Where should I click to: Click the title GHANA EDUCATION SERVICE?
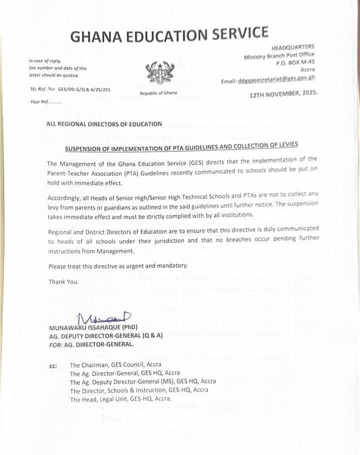click(x=169, y=35)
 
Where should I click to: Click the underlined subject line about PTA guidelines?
click(x=181, y=146)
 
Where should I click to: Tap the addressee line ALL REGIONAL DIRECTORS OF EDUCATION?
click(x=104, y=124)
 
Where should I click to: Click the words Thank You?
click(x=63, y=282)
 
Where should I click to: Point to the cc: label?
click(x=53, y=366)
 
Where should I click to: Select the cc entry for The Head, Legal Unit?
click(x=120, y=399)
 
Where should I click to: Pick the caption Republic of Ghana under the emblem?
click(x=158, y=93)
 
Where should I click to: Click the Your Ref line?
click(x=45, y=101)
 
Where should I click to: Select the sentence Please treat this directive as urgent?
click(x=118, y=266)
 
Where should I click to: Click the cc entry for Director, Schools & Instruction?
click(x=139, y=390)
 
